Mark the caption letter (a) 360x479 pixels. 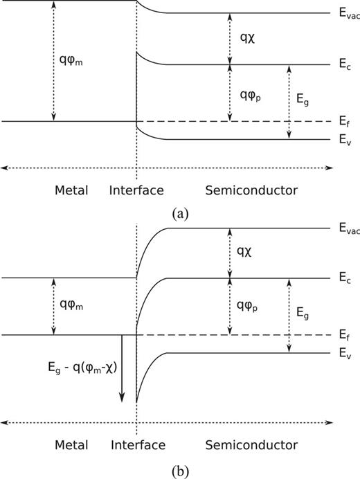(180, 214)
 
